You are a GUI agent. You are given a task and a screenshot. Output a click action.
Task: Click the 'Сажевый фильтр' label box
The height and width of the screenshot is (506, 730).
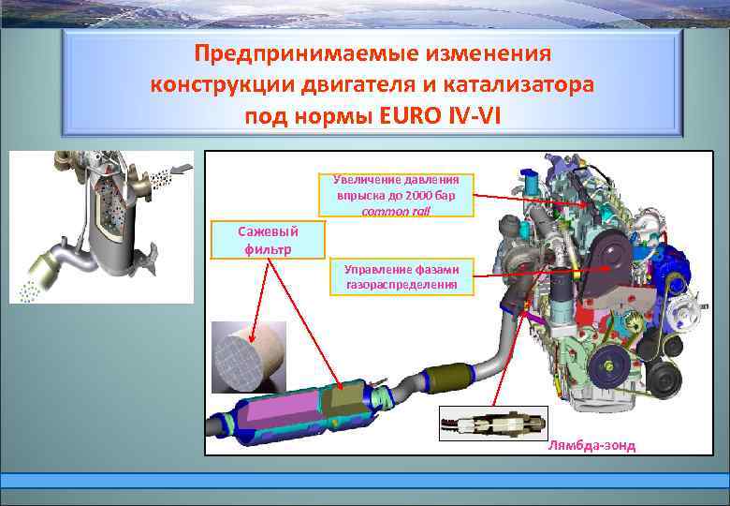point(269,240)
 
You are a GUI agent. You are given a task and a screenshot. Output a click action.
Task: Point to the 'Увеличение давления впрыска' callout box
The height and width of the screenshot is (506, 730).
point(403,195)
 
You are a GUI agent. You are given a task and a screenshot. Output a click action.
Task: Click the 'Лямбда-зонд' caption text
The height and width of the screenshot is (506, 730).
point(591,445)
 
